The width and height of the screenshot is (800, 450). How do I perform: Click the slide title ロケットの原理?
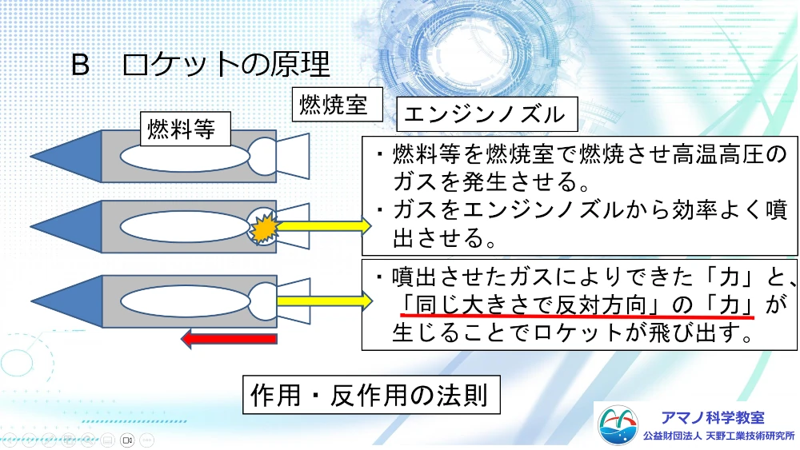pyautogui.click(x=226, y=65)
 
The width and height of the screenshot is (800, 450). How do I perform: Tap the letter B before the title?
pyautogui.click(x=80, y=66)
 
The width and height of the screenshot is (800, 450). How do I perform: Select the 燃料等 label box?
pyautogui.click(x=186, y=129)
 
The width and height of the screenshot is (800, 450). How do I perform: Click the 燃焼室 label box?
pyautogui.click(x=338, y=105)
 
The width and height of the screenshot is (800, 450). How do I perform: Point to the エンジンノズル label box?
pyautogui.click(x=487, y=114)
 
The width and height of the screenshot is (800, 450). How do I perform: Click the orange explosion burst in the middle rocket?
pyautogui.click(x=263, y=227)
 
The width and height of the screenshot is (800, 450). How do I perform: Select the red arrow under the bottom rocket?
pyautogui.click(x=229, y=339)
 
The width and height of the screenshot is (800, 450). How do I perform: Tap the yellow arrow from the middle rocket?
pyautogui.click(x=324, y=225)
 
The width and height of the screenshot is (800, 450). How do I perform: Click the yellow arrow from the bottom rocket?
pyautogui.click(x=325, y=301)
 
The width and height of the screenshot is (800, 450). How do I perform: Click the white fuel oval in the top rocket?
pyautogui.click(x=185, y=157)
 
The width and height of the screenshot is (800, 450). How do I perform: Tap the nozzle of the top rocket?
pyautogui.click(x=293, y=157)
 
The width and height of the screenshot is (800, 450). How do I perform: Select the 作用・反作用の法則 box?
pyautogui.click(x=371, y=395)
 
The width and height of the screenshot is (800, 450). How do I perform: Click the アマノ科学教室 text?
pyautogui.click(x=713, y=418)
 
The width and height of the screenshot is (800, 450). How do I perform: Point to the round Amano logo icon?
pyautogui.click(x=618, y=425)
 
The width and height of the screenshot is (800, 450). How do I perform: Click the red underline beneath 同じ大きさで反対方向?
pyautogui.click(x=577, y=317)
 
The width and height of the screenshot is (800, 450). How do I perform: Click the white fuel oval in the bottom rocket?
pyautogui.click(x=186, y=301)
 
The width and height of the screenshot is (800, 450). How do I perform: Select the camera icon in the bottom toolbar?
pyautogui.click(x=127, y=440)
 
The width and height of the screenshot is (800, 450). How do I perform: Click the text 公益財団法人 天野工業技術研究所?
pyautogui.click(x=719, y=436)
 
